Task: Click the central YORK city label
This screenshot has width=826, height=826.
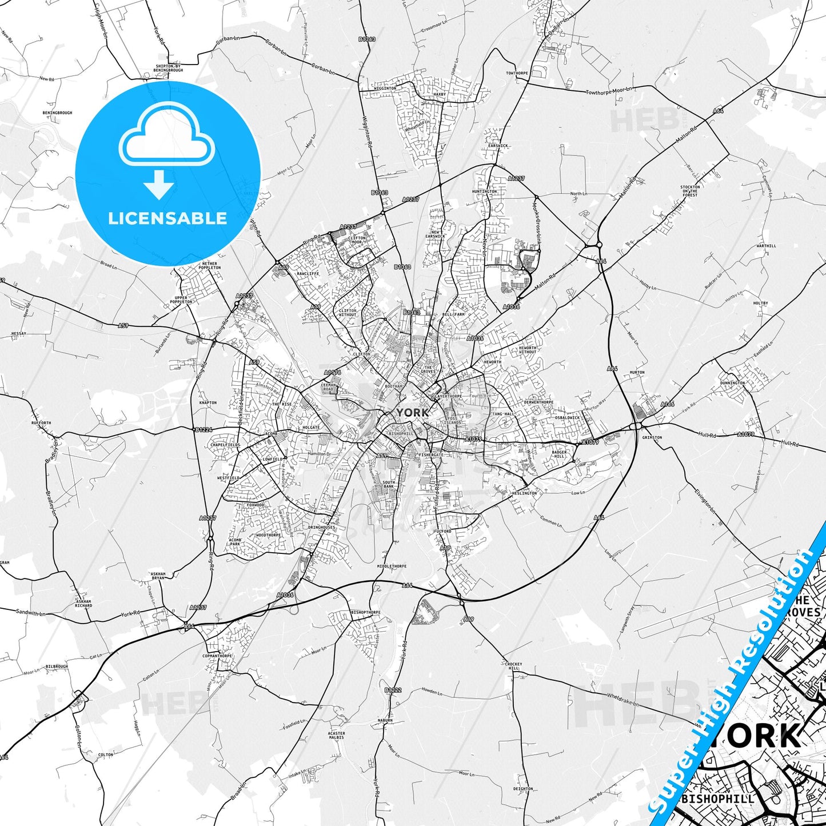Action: (x=412, y=412)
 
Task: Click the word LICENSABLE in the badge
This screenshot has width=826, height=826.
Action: (x=167, y=218)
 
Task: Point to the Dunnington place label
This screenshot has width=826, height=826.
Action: (x=732, y=383)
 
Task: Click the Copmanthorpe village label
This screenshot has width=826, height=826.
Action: (x=217, y=656)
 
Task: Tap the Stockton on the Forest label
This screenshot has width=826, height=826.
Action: (x=690, y=191)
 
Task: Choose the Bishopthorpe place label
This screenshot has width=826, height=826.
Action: (x=365, y=612)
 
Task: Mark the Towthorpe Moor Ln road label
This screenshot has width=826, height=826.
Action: (x=609, y=91)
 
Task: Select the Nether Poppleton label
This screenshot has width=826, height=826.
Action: (x=210, y=265)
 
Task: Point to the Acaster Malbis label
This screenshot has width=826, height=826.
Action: (x=336, y=735)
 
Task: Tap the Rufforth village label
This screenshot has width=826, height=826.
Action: (x=41, y=423)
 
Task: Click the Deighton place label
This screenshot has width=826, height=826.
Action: (x=522, y=789)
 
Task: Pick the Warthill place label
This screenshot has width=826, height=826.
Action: (x=766, y=246)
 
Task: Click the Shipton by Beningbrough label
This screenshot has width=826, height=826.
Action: (x=169, y=68)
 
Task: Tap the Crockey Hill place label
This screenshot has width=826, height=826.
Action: (x=513, y=666)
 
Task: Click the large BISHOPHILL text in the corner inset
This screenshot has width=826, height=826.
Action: (x=718, y=799)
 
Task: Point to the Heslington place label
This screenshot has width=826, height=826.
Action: (x=524, y=493)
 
